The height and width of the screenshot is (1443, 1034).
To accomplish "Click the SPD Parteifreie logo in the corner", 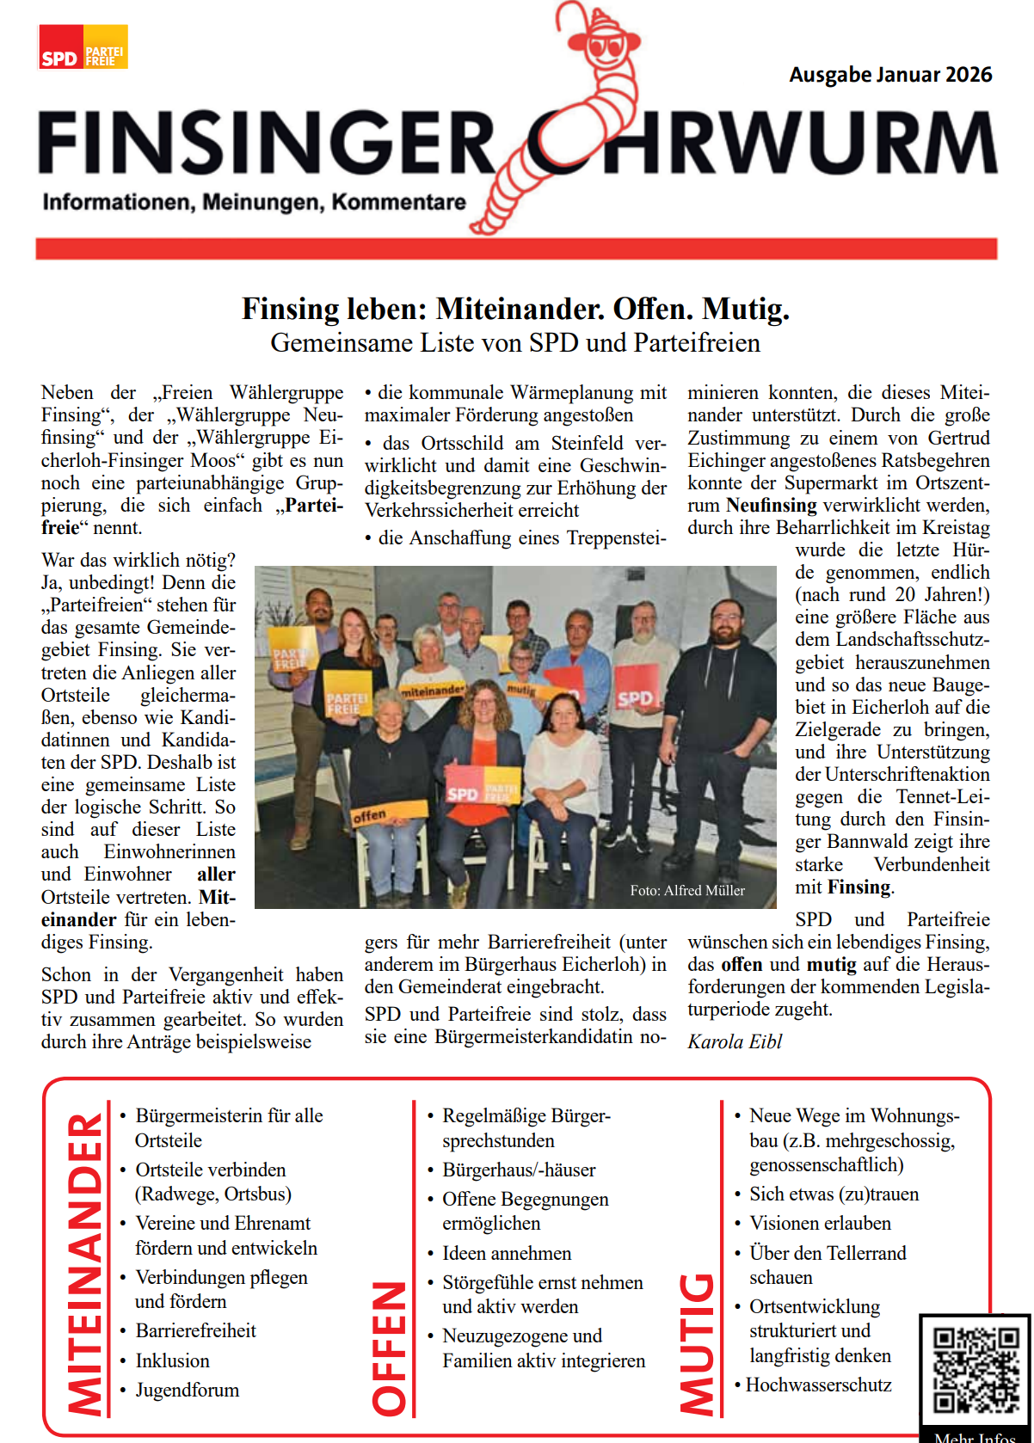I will pos(83,47).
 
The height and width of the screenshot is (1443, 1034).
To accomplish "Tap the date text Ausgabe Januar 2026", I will pos(890,75).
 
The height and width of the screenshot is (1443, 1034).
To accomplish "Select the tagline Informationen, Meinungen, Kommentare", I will pos(254,202).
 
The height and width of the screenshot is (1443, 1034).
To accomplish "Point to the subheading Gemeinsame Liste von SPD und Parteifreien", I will pos(515,342).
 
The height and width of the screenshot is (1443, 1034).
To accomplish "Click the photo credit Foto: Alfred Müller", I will pos(687,890).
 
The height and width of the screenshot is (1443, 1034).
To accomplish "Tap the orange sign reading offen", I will pos(388,812).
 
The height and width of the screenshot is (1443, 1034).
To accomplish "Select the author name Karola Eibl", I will pos(735,1041).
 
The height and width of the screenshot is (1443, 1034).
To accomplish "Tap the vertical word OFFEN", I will pos(389,1347).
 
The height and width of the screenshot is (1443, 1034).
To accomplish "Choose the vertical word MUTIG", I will pos(697,1342).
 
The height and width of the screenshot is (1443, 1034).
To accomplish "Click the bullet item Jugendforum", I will pos(188,1390).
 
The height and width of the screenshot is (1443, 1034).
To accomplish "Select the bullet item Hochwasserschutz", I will pos(818,1385).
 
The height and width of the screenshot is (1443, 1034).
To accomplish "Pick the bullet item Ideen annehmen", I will pos(507,1253).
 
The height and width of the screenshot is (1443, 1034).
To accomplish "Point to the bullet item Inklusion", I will pos(172,1360).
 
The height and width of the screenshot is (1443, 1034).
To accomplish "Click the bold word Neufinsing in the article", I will pos(772,505).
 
